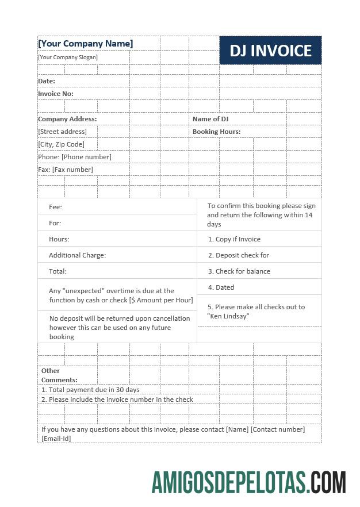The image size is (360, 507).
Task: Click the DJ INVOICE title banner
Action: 270,51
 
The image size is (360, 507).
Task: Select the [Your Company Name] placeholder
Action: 85,44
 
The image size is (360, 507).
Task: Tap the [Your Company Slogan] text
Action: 68,57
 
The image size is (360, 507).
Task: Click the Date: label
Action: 47,81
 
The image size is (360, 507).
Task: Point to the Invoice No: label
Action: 56,94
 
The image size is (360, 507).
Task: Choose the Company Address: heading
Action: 67,119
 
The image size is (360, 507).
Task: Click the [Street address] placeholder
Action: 62,132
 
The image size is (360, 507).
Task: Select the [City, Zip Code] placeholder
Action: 61,144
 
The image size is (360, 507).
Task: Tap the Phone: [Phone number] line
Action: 75,157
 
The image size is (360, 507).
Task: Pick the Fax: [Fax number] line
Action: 66,170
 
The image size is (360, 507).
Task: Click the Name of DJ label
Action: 210,119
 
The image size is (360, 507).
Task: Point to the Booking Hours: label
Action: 216,132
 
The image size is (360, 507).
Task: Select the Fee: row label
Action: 55,207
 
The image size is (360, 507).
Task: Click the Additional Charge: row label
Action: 77,255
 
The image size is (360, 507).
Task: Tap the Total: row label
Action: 58,271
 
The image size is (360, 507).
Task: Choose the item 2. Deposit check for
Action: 238,255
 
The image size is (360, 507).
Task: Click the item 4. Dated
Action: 221,287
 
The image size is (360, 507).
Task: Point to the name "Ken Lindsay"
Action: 228,316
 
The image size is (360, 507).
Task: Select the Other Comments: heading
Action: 59,375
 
